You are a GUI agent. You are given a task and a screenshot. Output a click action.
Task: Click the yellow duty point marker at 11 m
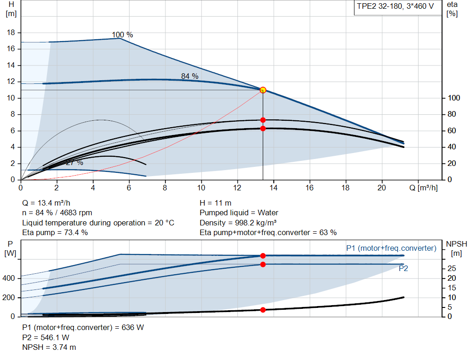click(263, 90)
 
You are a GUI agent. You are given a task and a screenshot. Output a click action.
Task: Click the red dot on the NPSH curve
click(263, 310)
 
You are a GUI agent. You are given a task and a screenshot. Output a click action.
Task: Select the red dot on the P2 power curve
click(263, 264)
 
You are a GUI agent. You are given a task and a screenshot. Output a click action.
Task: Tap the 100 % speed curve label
click(122, 35)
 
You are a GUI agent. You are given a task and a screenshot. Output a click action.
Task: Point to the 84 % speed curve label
click(189, 76)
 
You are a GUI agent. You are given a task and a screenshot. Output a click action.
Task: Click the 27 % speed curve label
click(74, 163)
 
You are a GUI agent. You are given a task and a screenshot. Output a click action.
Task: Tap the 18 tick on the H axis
click(12, 33)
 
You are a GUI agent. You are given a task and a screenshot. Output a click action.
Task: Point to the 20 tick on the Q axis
click(382, 188)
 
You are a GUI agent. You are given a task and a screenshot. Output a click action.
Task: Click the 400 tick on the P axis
click(10, 278)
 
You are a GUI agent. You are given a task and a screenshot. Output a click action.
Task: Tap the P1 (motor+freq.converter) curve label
click(391, 248)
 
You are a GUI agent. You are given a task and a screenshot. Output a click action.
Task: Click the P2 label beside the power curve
click(403, 269)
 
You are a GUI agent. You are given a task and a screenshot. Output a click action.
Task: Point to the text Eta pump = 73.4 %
click(55, 232)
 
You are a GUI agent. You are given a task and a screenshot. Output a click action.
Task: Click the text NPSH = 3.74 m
click(49, 347)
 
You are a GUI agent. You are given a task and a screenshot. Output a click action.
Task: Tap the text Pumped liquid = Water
click(239, 212)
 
